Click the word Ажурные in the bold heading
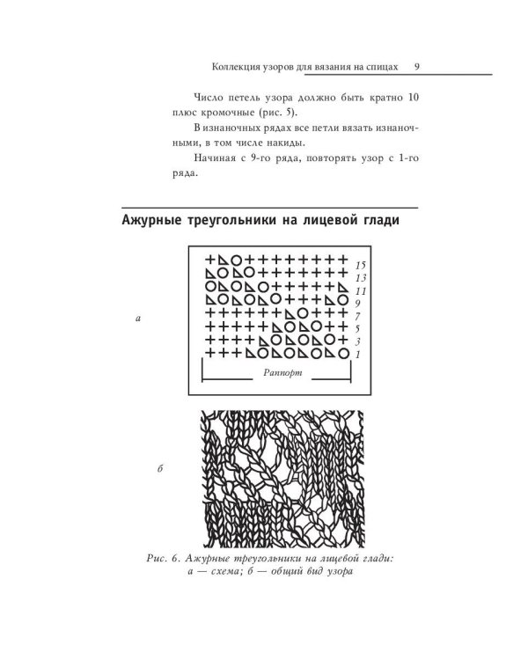[x=155, y=221]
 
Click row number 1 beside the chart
[x=358, y=354]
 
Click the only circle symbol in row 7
[x=303, y=312]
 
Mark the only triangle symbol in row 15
[x=224, y=260]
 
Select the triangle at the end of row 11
[x=342, y=286]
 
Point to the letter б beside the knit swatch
[x=159, y=470]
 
